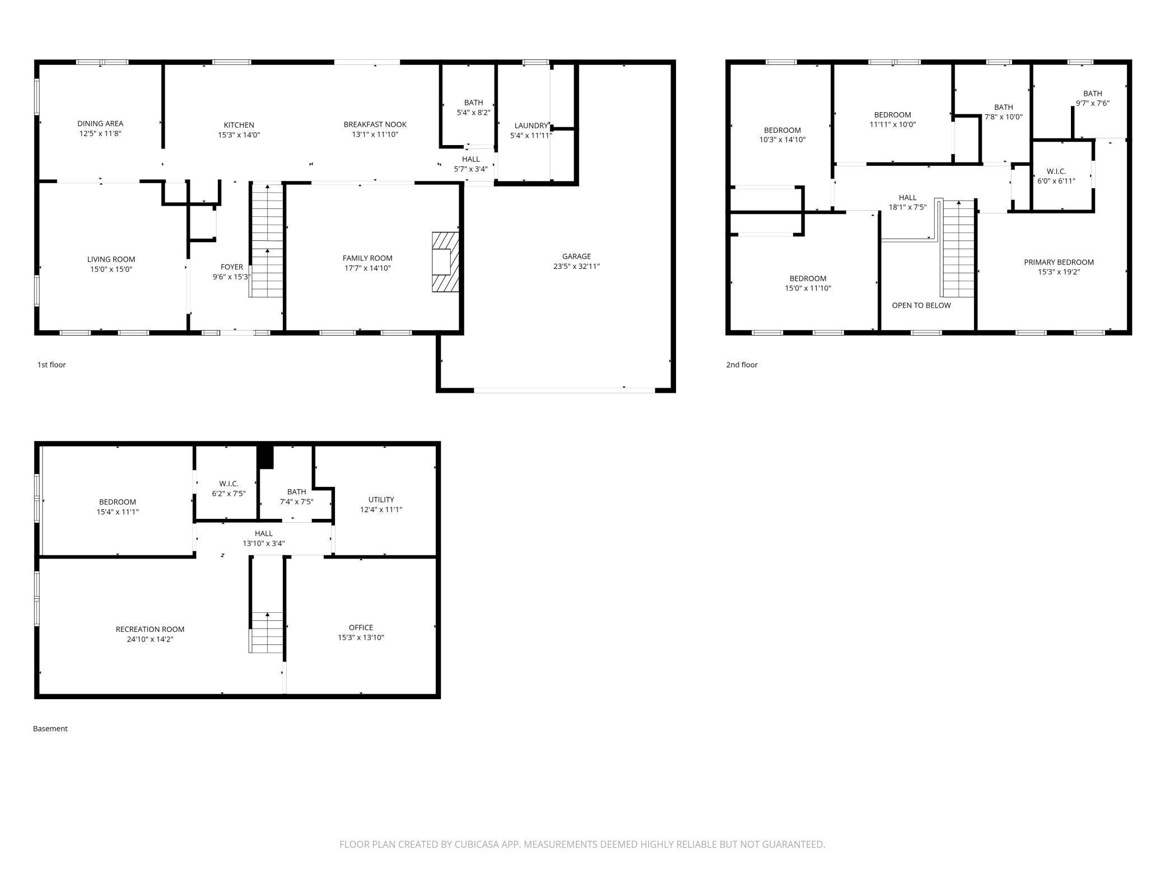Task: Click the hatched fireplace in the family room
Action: [x=445, y=262]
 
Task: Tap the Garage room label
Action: [x=576, y=257]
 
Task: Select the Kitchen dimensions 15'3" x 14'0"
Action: [x=239, y=135]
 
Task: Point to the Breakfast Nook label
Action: [x=375, y=124]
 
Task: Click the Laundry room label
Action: [x=531, y=125]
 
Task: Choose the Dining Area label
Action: [x=100, y=123]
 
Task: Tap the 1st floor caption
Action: [x=52, y=365]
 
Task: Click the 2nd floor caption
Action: [x=742, y=365]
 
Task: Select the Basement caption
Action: [x=50, y=728]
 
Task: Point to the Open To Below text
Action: [x=921, y=305]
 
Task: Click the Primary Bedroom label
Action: [x=1059, y=262]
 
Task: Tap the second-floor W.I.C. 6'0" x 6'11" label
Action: [x=1056, y=176]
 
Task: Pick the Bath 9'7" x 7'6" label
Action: [x=1092, y=98]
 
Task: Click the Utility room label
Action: [x=381, y=500]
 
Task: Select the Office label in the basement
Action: [x=361, y=627]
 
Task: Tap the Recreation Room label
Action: [x=150, y=629]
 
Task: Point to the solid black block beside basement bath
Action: [x=265, y=457]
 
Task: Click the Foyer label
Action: [x=231, y=267]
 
